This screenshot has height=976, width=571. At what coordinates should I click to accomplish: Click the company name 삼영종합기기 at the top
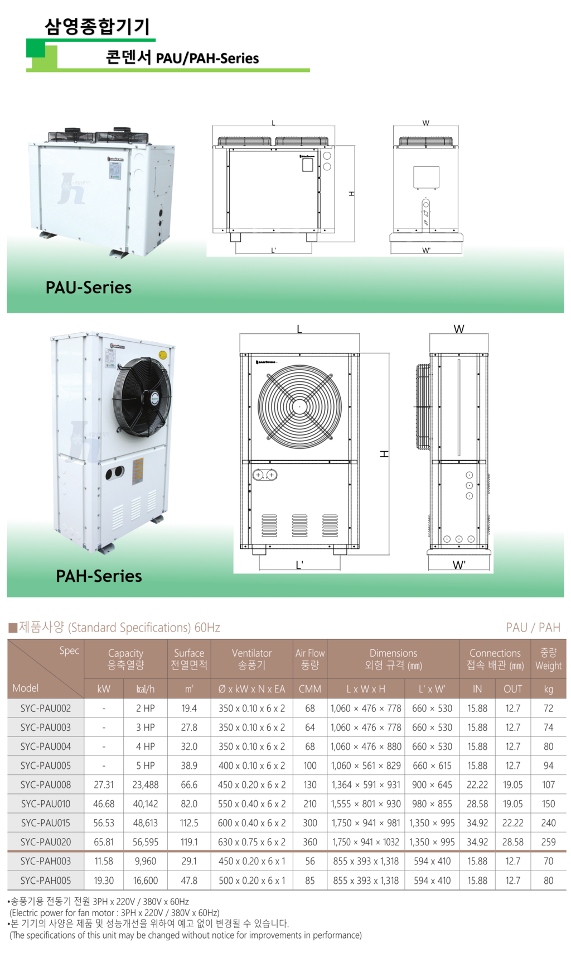tap(97, 26)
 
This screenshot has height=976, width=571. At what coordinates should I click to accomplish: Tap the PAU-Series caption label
tap(89, 288)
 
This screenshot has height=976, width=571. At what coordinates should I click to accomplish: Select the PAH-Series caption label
tap(99, 576)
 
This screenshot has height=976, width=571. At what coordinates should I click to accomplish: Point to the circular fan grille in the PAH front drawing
tap(299, 407)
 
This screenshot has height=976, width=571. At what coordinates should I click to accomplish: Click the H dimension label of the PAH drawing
tap(384, 454)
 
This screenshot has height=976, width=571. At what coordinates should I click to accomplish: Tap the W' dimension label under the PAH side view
tap(459, 565)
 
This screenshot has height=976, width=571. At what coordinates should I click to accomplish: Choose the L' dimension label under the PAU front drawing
tap(273, 250)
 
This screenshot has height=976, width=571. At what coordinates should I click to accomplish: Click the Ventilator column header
tap(251, 659)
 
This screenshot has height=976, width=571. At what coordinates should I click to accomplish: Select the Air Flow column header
tap(310, 659)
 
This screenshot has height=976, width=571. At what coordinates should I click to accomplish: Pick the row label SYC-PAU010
tap(46, 804)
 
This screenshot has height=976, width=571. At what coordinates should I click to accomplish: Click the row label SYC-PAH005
tap(46, 881)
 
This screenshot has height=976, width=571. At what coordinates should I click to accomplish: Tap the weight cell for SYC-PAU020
tap(549, 842)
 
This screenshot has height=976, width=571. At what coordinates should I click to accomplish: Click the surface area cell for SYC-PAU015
tap(189, 823)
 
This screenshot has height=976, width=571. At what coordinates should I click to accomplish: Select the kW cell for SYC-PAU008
tap(104, 784)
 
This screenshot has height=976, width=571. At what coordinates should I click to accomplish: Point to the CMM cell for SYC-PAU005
tap(310, 766)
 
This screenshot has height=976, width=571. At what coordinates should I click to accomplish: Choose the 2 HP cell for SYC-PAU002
tap(146, 709)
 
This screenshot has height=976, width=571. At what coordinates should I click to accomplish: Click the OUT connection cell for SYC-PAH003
tap(513, 862)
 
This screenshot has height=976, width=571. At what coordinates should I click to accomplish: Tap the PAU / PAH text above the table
tap(533, 628)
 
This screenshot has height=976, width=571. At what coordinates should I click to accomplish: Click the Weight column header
tap(549, 659)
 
